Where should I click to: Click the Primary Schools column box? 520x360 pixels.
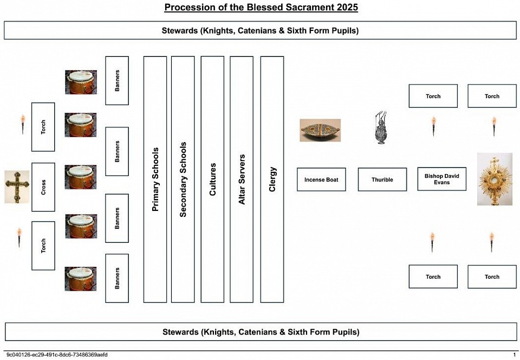click(155, 179)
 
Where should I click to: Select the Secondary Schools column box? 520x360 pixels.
click(183, 179)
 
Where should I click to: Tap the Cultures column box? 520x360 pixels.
click(212, 179)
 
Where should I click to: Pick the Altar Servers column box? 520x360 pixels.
click(242, 179)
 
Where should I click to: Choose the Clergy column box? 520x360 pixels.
click(272, 179)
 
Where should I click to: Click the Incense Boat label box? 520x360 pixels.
click(321, 179)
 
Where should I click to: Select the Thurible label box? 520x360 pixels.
click(382, 179)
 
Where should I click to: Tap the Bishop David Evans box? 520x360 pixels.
click(442, 179)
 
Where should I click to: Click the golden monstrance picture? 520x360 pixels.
click(495, 179)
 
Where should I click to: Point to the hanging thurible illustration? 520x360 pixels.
click(381, 128)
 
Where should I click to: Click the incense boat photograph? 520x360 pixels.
click(320, 131)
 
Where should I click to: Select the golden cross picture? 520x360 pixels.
click(17, 187)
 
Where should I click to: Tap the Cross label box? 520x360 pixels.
click(43, 187)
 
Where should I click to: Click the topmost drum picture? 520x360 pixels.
click(81, 82)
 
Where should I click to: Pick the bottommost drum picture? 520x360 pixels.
click(81, 279)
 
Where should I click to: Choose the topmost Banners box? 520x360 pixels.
click(117, 81)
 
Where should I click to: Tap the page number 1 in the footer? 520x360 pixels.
click(514, 355)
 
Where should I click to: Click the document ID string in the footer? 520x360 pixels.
click(57, 355)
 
